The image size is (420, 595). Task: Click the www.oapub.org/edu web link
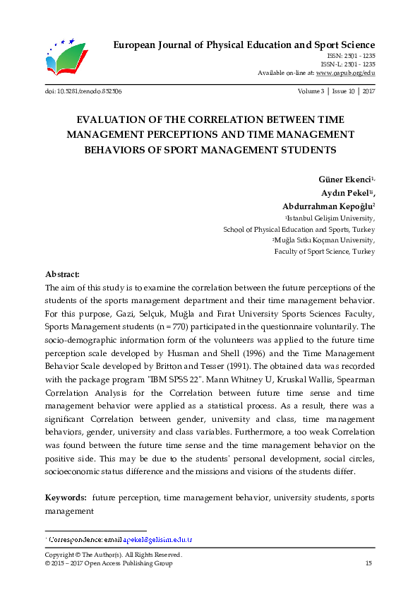(x=346, y=73)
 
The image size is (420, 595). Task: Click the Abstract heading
(x=62, y=273)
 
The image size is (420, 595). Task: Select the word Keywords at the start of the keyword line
(x=66, y=497)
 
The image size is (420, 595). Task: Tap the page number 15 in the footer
(x=368, y=563)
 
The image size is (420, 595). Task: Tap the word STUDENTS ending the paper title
(x=303, y=150)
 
